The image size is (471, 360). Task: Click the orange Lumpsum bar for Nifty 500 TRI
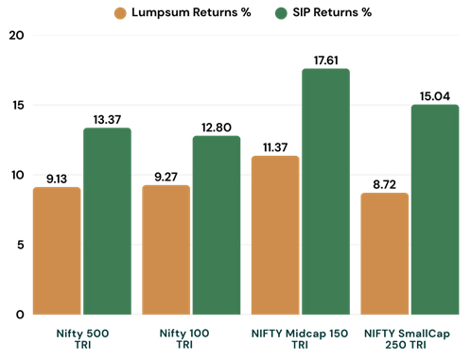tap(57, 250)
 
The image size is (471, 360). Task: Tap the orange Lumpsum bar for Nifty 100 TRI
tap(166, 249)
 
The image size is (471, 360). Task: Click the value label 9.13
tap(57, 177)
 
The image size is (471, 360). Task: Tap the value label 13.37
tap(107, 117)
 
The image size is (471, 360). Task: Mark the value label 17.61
tap(325, 59)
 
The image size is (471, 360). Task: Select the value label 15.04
tap(435, 94)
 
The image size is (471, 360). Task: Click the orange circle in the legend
tap(119, 12)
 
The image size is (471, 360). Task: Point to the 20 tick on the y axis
tap(16, 35)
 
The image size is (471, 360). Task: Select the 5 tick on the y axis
tap(19, 244)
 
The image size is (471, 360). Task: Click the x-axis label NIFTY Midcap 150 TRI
tap(301, 339)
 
